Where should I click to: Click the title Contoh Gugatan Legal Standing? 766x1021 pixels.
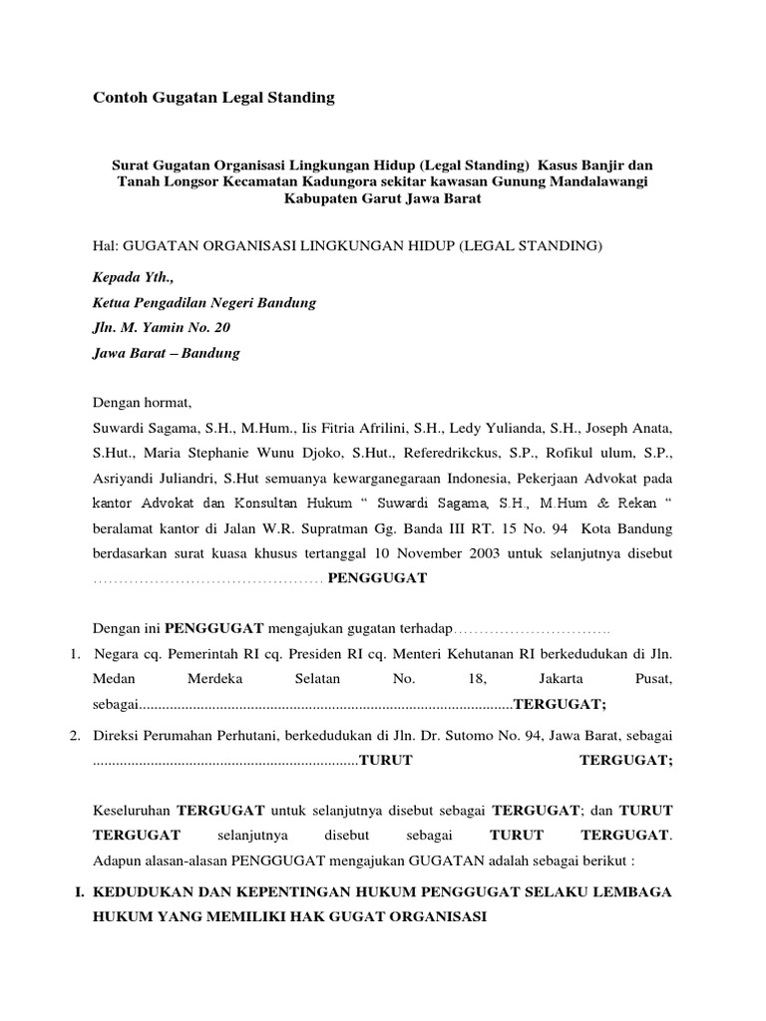[x=213, y=97]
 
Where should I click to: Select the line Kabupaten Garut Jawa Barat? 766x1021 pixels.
[x=382, y=197]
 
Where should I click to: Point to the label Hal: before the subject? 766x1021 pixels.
[x=106, y=245]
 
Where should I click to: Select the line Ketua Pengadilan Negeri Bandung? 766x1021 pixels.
[x=204, y=303]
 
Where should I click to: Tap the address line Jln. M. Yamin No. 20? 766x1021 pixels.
[x=161, y=328]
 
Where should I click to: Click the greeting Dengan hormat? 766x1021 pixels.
[x=140, y=404]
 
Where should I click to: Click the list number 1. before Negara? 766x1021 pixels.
[x=75, y=654]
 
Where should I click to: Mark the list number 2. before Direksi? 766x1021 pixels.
[x=75, y=736]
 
